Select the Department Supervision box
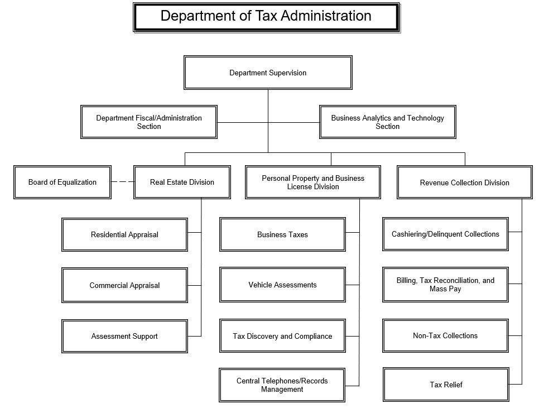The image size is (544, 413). click(268, 73)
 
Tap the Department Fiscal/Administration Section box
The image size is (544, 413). click(149, 122)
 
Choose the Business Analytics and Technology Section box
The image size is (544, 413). click(388, 122)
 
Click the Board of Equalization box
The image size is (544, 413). click(62, 182)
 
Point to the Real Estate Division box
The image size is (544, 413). click(182, 182)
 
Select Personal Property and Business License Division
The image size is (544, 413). click(313, 182)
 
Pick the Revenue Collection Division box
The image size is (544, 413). click(465, 182)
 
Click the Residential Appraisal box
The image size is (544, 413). click(124, 234)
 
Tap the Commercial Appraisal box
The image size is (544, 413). click(124, 285)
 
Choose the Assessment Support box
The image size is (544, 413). click(124, 337)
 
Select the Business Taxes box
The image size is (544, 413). click(282, 234)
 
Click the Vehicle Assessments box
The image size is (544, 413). click(282, 285)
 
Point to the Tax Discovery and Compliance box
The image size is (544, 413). click(282, 336)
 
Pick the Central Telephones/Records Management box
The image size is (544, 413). click(282, 385)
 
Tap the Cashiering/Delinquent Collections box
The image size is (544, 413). click(445, 234)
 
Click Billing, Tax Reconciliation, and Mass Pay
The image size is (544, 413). click(445, 285)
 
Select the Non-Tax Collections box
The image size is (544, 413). click(445, 335)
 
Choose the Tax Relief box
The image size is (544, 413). click(446, 385)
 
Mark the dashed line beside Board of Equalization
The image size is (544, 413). click(122, 181)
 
